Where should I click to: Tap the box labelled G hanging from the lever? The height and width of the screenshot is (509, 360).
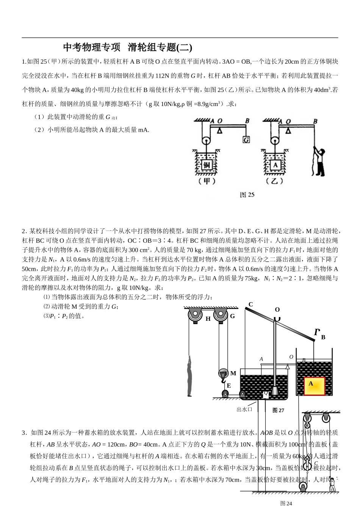click(x=246, y=140)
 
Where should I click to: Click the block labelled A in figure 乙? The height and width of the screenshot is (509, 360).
click(x=275, y=165)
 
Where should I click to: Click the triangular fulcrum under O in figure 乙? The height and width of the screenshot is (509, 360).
click(x=289, y=131)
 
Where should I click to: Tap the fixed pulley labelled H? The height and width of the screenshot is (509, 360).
click(x=195, y=315)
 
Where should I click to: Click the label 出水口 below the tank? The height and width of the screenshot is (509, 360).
click(x=244, y=409)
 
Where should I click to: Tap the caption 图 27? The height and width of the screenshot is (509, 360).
click(x=279, y=410)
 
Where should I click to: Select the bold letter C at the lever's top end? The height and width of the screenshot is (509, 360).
click(x=250, y=304)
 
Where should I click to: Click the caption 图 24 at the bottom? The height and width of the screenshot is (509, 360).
click(x=286, y=503)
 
